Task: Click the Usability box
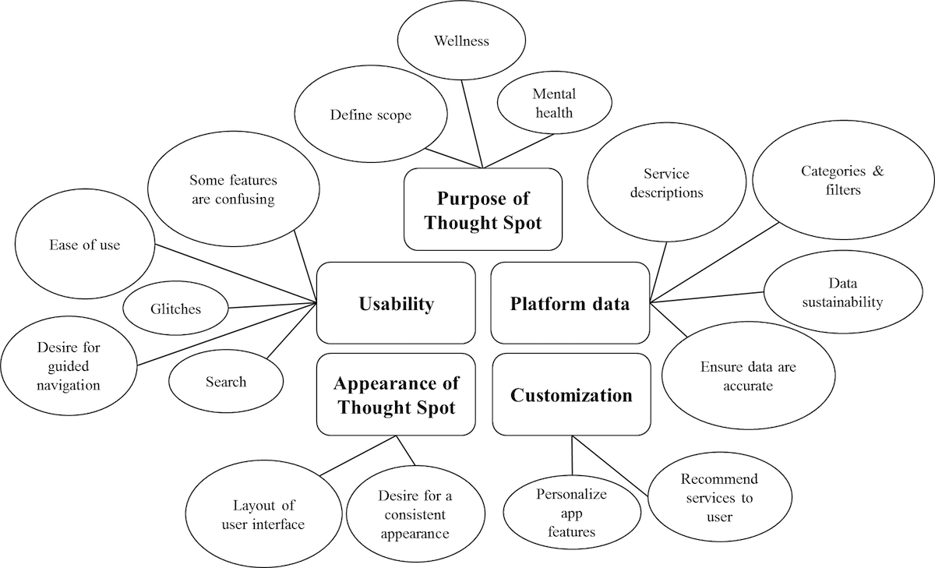pyautogui.click(x=396, y=303)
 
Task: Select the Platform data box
pyautogui.click(x=570, y=303)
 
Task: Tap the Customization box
pyautogui.click(x=571, y=395)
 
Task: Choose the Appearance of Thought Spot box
pyautogui.click(x=396, y=394)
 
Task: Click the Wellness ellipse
pyautogui.click(x=461, y=41)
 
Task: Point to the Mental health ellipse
pyautogui.click(x=553, y=104)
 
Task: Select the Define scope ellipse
pyautogui.click(x=370, y=116)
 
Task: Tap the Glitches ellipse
pyautogui.click(x=175, y=309)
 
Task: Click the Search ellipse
pyautogui.click(x=226, y=382)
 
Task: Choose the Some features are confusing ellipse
pyautogui.click(x=232, y=189)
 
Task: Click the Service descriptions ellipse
pyautogui.click(x=666, y=183)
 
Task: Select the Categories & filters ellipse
pyautogui.click(x=842, y=181)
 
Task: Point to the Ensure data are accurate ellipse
pyautogui.click(x=737, y=376)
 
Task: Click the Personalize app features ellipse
pyautogui.click(x=571, y=513)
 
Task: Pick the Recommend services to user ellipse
pyautogui.click(x=719, y=497)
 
